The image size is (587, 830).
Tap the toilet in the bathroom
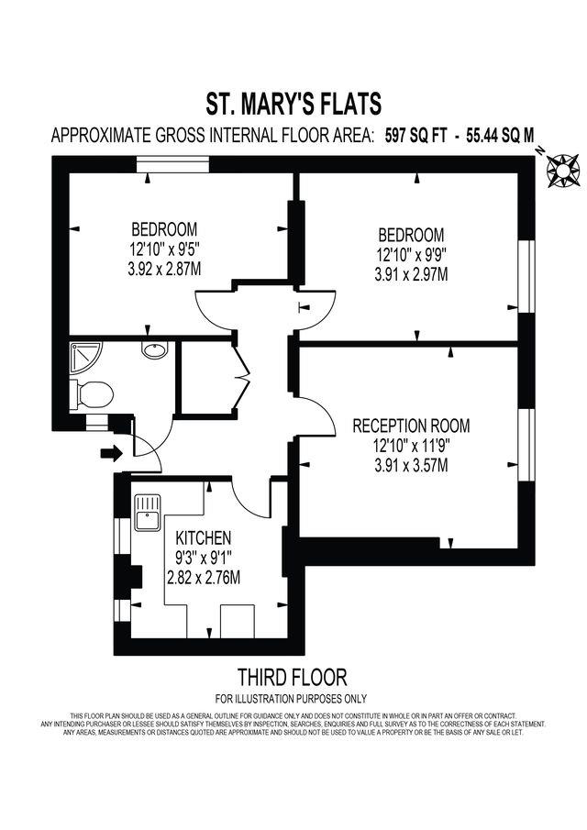pos(94,395)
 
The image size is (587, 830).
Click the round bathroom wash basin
pos(153,350)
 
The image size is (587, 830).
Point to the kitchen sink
pos(146,514)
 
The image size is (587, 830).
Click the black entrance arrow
pos(110,452)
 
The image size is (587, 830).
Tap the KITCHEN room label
pos(204,537)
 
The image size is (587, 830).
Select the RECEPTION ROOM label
pos(411,426)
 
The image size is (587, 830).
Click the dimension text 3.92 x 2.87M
pos(164,268)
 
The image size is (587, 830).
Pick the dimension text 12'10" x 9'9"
pos(410,254)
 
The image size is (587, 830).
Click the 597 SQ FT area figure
pos(415,136)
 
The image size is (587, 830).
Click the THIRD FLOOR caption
pos(293,678)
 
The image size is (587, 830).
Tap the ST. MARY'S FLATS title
pos(293,102)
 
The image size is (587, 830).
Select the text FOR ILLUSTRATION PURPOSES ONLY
pos(293,699)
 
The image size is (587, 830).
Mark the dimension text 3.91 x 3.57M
pos(411,465)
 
